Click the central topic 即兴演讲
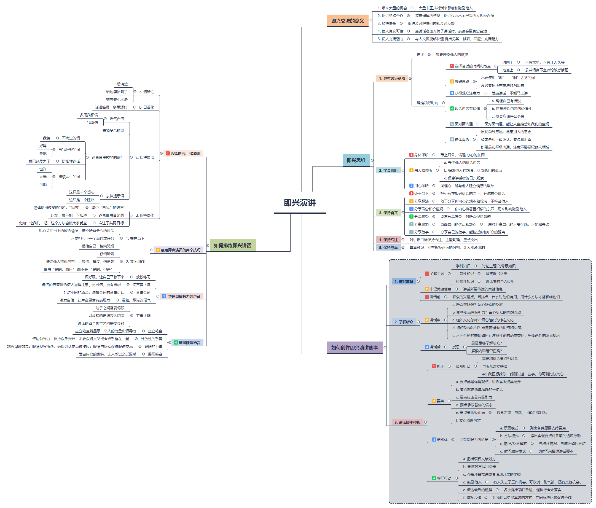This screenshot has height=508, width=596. pyautogui.click(x=299, y=203)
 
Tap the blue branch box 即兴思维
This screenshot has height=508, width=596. pyautogui.click(x=356, y=160)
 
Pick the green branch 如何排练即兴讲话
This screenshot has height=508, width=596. pyautogui.click(x=232, y=245)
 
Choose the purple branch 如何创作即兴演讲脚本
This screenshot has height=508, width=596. pyautogui.click(x=355, y=348)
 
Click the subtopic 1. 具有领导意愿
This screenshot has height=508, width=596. pyautogui.click(x=392, y=79)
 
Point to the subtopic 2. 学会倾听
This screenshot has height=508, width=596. pyautogui.click(x=388, y=170)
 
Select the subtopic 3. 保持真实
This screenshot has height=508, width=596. pyautogui.click(x=388, y=213)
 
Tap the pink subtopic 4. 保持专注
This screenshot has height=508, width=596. pyautogui.click(x=388, y=240)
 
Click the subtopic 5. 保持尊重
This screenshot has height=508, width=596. pyautogui.click(x=388, y=247)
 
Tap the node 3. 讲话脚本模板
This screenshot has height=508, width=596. pyautogui.click(x=407, y=422)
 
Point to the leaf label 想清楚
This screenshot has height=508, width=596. pyautogui.click(x=122, y=84)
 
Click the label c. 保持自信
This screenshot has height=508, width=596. pyautogui.click(x=145, y=157)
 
